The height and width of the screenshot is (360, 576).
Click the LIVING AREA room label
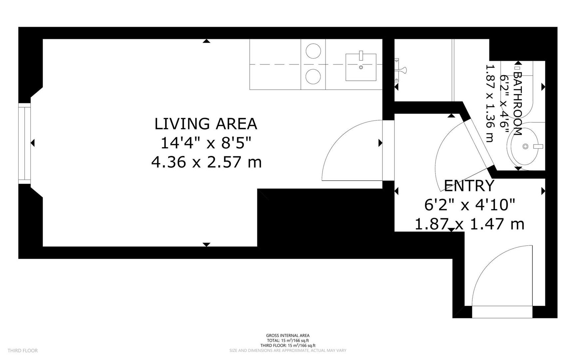(x=206, y=124)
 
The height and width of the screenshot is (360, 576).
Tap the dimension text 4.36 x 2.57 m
(x=206, y=163)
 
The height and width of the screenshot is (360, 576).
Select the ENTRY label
(x=469, y=186)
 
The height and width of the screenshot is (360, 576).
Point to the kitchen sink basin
(x=361, y=67)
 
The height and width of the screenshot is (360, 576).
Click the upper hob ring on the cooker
(x=313, y=51)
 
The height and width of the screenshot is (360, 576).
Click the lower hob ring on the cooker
(x=313, y=76)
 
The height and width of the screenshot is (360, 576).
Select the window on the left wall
(x=24, y=143)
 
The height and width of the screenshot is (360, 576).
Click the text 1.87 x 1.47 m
(x=469, y=224)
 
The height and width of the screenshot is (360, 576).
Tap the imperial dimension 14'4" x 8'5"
(x=206, y=143)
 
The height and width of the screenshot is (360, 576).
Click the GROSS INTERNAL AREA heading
(x=288, y=335)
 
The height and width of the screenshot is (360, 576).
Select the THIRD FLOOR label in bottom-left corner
(x=23, y=350)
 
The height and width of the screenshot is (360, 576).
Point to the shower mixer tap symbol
(x=400, y=70)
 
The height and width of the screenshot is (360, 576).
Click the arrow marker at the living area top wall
(x=207, y=41)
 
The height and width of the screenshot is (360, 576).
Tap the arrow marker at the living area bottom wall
(x=207, y=245)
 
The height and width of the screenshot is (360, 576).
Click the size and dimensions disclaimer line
(x=288, y=350)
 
